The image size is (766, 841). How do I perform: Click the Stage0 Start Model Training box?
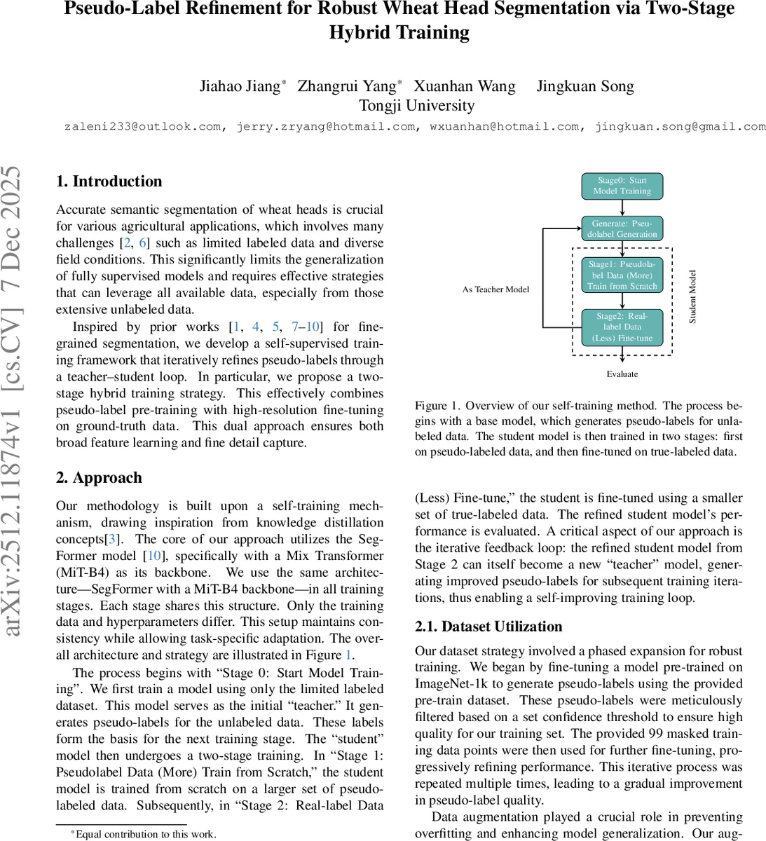[x=622, y=186]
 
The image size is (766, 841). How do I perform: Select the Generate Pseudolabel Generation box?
[x=622, y=228]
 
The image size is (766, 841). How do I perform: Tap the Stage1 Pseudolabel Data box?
[x=622, y=275]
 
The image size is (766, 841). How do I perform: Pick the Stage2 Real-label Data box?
[x=622, y=327]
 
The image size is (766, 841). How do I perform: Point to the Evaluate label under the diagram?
[x=622, y=374]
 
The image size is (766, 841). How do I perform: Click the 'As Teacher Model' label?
[x=495, y=289]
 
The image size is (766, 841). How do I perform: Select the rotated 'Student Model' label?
[x=692, y=296]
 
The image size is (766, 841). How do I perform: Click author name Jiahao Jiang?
[x=240, y=86]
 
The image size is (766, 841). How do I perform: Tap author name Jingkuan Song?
[x=585, y=86]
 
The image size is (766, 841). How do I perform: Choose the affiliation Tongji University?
[x=416, y=106]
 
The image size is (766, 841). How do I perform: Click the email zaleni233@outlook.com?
[x=143, y=127]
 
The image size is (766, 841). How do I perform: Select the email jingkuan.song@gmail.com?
[x=680, y=127]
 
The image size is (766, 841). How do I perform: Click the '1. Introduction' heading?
[x=109, y=182]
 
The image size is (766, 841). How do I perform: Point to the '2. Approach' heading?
[x=99, y=478]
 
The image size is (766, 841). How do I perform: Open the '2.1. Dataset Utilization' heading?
[x=488, y=627]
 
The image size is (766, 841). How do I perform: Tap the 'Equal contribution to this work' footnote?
[x=146, y=834]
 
